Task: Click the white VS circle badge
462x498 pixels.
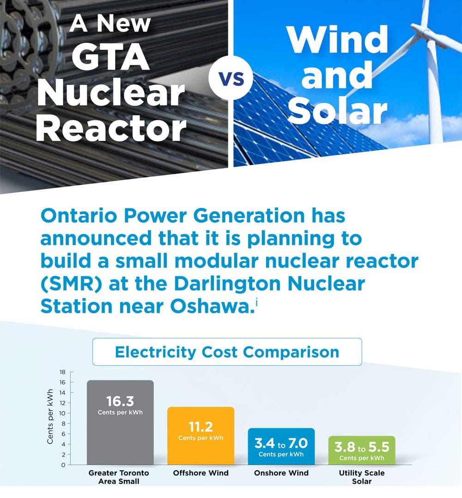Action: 231,78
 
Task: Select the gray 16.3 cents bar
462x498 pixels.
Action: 120,422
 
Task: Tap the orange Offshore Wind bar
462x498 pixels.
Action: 201,436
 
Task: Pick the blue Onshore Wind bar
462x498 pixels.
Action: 281,447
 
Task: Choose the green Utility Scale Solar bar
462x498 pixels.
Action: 362,450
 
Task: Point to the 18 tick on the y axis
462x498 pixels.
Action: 62,372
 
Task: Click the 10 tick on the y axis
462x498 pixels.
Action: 62,413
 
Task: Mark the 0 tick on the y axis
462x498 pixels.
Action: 63,465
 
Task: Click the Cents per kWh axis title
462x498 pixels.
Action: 50,416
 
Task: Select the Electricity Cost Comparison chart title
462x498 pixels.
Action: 227,352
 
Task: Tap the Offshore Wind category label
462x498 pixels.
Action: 201,473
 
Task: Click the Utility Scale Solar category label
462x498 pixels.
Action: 362,477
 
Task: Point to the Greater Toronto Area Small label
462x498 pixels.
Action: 119,477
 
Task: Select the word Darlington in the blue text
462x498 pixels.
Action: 227,284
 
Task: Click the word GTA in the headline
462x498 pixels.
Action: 110,57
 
